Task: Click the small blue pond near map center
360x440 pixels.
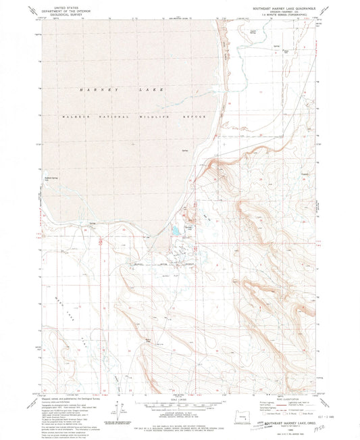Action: (x=174, y=231)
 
